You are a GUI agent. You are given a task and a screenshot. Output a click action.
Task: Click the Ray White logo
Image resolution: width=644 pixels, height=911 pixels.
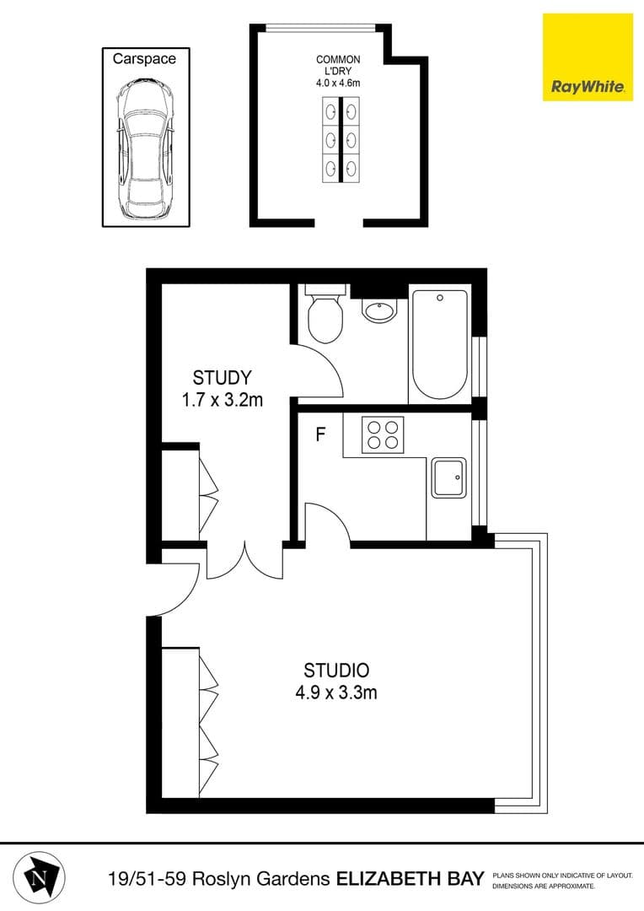click(x=588, y=57)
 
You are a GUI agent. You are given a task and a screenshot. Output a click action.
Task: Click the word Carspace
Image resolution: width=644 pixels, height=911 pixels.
click(x=145, y=59)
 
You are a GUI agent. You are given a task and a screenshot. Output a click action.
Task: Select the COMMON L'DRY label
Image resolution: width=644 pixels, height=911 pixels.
click(x=338, y=66)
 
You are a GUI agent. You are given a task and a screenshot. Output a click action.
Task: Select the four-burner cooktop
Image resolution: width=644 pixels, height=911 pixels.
click(x=383, y=434)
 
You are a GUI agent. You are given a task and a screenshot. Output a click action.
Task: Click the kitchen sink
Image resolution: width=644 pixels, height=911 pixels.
click(x=449, y=478)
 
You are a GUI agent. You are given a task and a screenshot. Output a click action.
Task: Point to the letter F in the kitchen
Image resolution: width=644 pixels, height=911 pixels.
click(x=319, y=435)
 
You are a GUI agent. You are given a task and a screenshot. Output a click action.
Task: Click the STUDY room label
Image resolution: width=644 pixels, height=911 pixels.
click(x=222, y=377)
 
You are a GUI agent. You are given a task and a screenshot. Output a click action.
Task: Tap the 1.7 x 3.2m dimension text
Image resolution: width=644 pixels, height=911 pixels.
click(x=223, y=400)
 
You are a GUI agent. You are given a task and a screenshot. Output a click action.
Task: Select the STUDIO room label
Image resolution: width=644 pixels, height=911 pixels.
click(x=336, y=671)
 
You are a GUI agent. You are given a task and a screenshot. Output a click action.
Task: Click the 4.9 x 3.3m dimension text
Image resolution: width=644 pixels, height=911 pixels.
click(x=336, y=694)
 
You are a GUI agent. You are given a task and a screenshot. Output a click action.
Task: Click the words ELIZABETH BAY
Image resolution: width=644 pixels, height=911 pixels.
click(x=411, y=880)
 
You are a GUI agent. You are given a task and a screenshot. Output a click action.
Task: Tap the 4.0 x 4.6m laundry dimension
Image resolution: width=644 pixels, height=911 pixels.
click(x=338, y=83)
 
